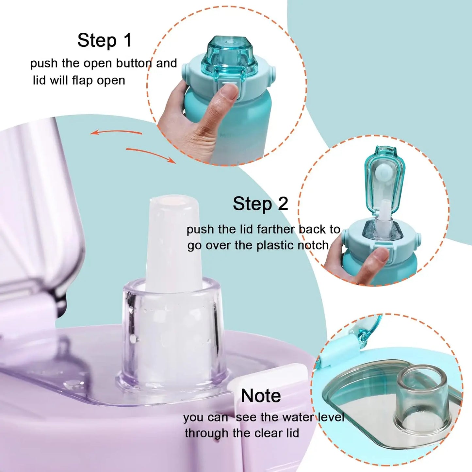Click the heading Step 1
(104, 41)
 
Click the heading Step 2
(260, 204)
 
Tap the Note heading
(261, 396)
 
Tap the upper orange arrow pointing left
(116, 132)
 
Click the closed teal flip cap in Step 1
(229, 56)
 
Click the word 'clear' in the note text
(268, 433)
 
